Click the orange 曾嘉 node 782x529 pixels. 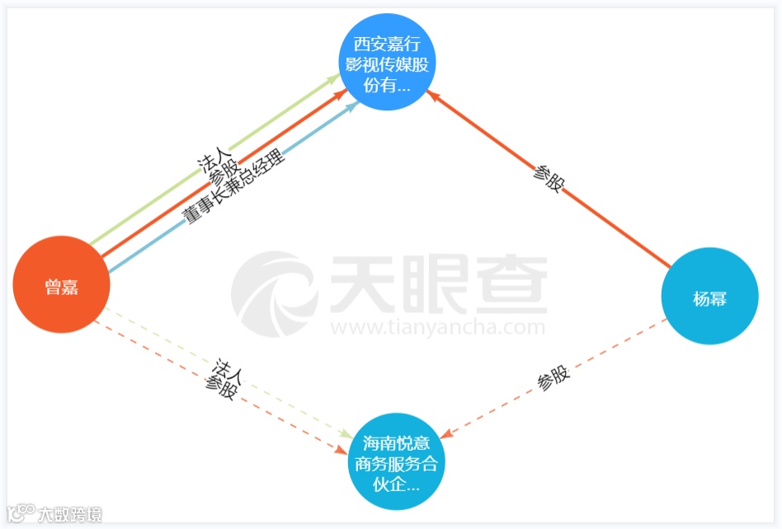pos(61,285)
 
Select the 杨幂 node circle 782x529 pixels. pos(709,297)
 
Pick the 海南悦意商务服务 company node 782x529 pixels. pos(396,462)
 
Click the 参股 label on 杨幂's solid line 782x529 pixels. pos(548,177)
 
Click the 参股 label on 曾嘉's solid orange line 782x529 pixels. pos(224,171)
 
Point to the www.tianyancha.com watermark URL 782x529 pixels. pos(437,328)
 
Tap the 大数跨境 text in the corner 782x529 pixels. pos(70,515)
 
